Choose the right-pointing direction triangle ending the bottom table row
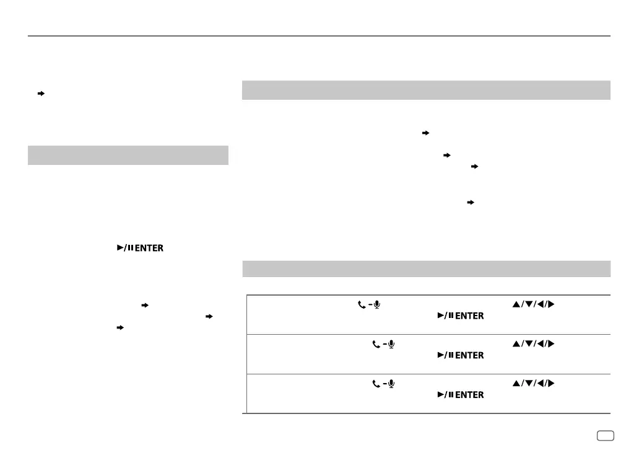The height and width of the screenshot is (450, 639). (550, 384)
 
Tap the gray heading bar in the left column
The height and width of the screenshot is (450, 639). (128, 156)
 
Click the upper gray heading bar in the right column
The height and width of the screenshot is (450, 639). (426, 90)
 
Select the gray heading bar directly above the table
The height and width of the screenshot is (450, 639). (426, 268)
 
